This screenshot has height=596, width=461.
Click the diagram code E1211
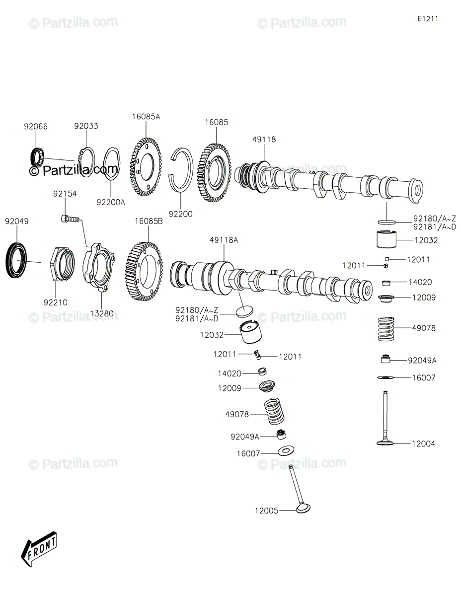428,19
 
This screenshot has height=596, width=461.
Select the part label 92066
36,127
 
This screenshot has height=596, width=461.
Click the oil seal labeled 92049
16,260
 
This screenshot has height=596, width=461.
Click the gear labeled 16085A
146,167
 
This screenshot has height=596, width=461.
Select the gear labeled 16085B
144,271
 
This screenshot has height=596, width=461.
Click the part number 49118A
224,240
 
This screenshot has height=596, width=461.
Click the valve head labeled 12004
385,443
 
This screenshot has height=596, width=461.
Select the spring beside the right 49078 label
386,329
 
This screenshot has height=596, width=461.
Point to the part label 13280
102,313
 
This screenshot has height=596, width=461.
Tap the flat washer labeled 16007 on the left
286,449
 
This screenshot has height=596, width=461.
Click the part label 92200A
110,203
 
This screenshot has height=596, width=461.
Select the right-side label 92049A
422,361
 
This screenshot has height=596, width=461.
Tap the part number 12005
267,511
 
